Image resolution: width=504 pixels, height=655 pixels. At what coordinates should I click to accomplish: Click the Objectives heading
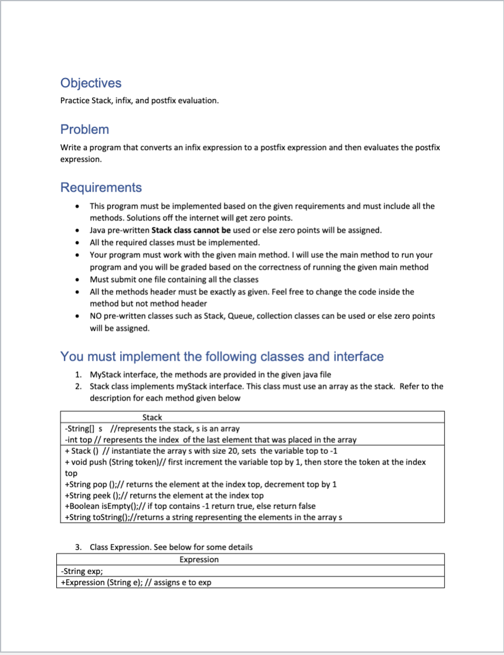pyautogui.click(x=91, y=83)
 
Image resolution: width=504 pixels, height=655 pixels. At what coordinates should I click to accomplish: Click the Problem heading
pyautogui.click(x=84, y=129)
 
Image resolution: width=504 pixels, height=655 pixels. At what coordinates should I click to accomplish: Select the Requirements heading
pyautogui.click(x=101, y=188)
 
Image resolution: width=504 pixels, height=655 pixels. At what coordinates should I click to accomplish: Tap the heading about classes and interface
pyautogui.click(x=222, y=357)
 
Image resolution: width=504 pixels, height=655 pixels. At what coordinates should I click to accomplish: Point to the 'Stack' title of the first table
pyautogui.click(x=152, y=417)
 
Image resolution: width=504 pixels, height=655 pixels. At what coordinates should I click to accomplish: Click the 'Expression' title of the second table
pyautogui.click(x=199, y=559)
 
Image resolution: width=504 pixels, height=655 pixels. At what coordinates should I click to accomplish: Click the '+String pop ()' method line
pyautogui.click(x=199, y=484)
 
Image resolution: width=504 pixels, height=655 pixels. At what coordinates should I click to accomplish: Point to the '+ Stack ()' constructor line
pyautogui.click(x=199, y=451)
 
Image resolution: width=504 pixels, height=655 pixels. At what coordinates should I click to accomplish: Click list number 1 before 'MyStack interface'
pyautogui.click(x=79, y=374)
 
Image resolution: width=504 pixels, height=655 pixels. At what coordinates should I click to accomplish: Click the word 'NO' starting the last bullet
pyautogui.click(x=96, y=316)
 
